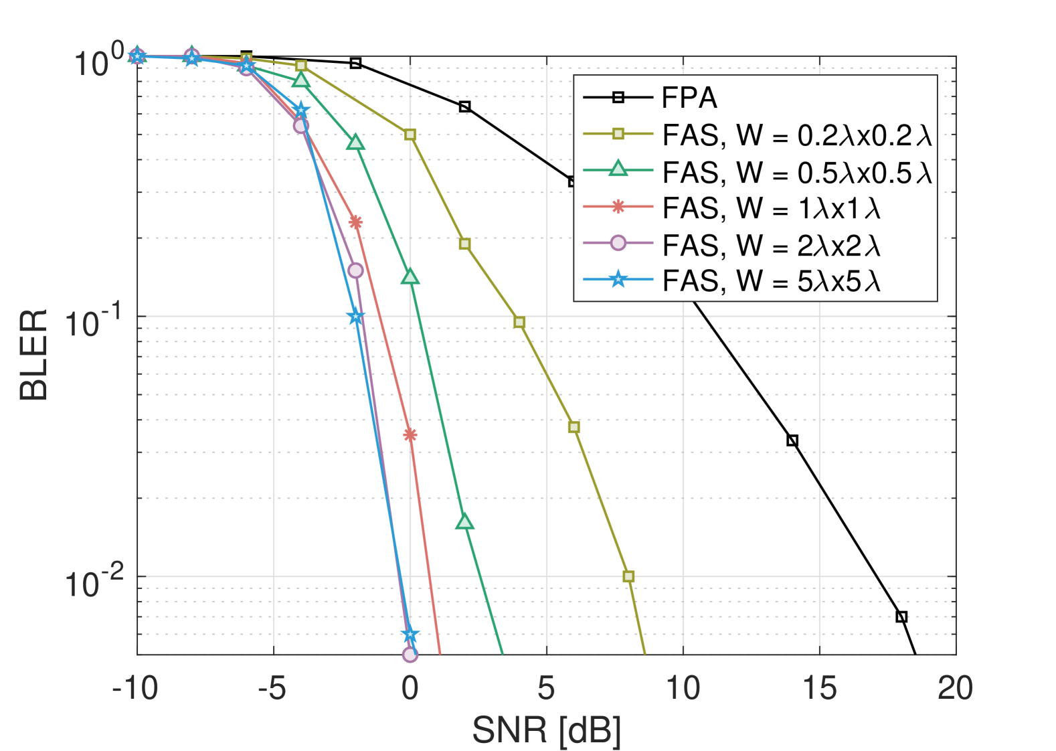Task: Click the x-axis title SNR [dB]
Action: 546,730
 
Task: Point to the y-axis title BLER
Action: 33,355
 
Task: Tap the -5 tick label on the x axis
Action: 273,688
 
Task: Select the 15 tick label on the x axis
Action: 819,688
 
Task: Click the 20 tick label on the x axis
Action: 955,688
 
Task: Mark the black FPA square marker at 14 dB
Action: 792,440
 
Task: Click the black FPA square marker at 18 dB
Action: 901,616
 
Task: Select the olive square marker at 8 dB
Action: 628,576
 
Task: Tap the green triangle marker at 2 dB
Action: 464,522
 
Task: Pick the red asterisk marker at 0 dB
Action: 410,435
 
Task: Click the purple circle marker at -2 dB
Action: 355,270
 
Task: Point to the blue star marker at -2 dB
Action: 355,317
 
